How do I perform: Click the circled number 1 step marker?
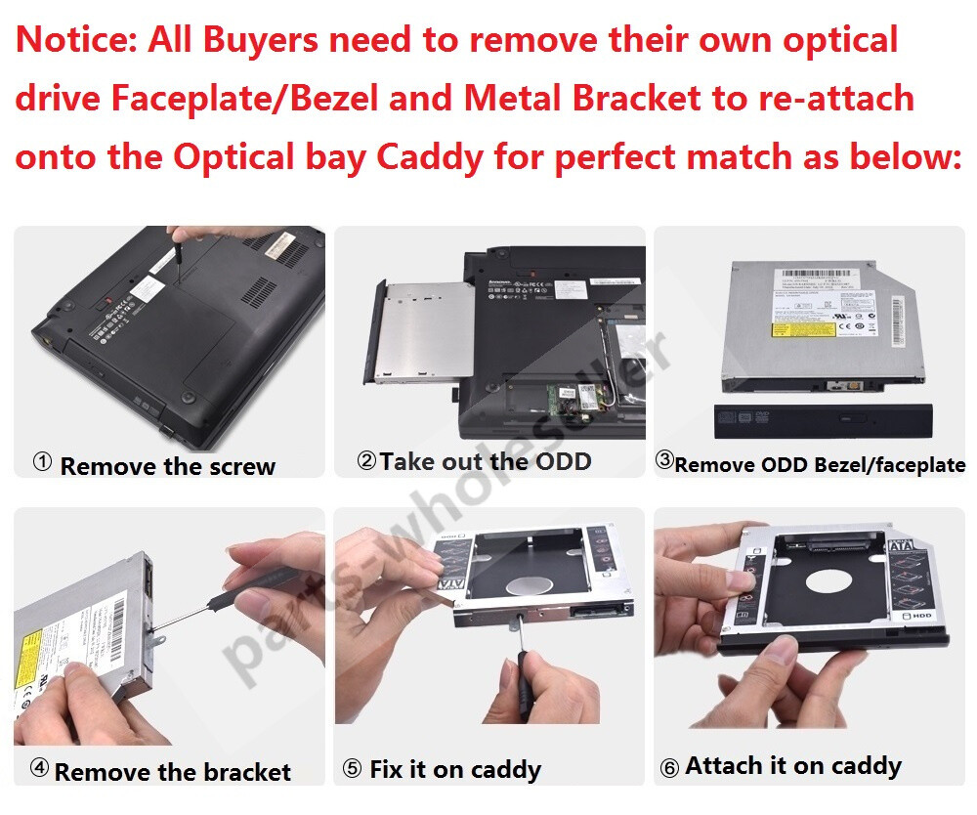[x=42, y=462]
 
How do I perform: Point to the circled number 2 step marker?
[x=366, y=460]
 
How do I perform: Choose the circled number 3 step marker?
[x=663, y=460]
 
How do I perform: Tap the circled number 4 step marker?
[x=39, y=768]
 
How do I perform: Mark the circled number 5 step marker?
[x=352, y=770]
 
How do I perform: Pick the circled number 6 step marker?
[x=669, y=768]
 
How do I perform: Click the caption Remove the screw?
[x=167, y=466]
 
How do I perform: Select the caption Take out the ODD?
[x=486, y=461]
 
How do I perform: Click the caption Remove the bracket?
[x=172, y=772]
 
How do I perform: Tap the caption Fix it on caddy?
[x=455, y=770]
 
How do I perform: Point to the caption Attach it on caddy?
[x=792, y=765]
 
